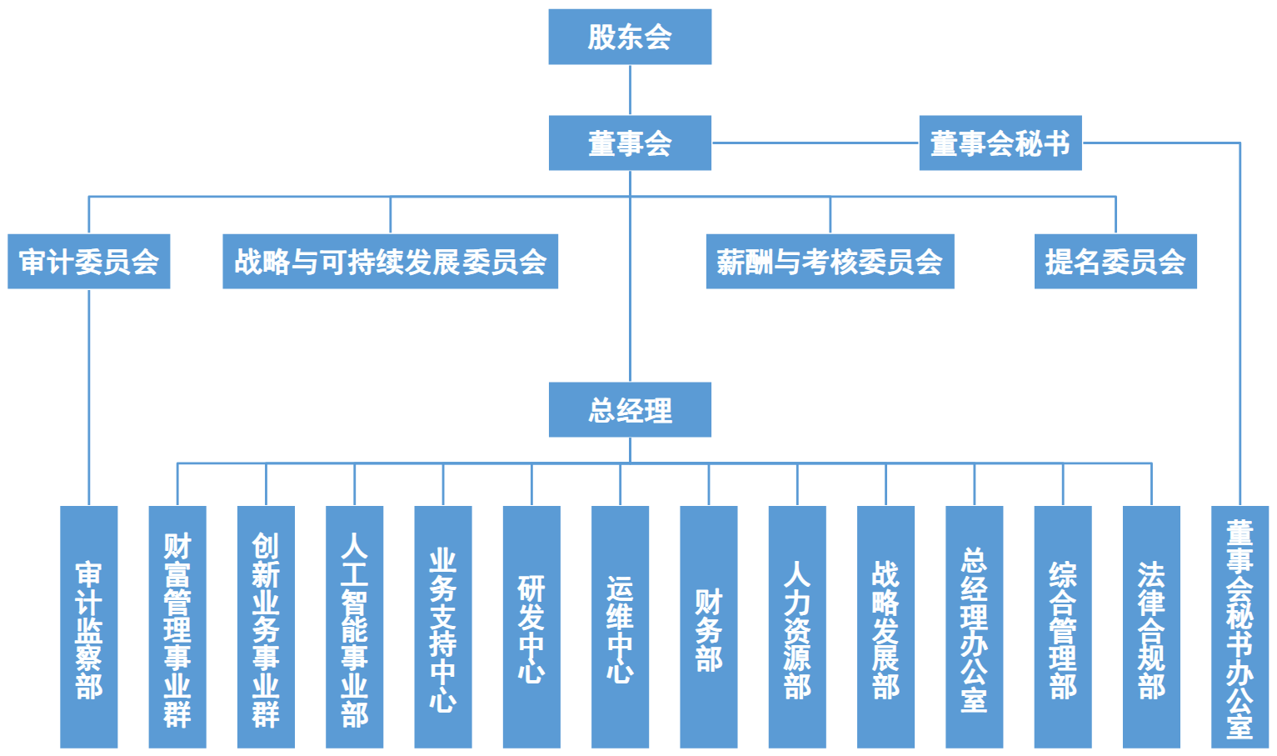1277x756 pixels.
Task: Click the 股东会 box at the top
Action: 630,37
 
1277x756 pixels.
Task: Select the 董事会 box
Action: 630,143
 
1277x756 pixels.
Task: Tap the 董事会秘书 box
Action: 1000,143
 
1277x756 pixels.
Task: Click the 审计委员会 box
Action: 88,262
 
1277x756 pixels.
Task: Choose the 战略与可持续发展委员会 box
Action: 390,262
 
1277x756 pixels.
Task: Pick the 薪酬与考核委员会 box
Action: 830,262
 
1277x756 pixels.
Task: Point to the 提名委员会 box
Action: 1115,262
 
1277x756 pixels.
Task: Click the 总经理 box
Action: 630,409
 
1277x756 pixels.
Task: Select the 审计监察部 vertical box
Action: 88,627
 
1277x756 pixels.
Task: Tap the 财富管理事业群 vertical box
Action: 177,627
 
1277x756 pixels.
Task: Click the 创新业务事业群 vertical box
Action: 266,627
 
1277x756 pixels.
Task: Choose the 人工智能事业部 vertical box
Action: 354,627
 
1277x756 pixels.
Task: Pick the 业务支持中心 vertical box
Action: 443,627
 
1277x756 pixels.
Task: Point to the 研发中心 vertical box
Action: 531,627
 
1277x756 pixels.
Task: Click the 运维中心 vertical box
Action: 620,627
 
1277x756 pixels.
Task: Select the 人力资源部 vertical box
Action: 797,627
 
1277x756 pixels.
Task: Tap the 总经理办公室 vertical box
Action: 974,627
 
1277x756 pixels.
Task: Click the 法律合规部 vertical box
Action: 1151,627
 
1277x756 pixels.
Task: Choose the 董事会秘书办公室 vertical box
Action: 1240,627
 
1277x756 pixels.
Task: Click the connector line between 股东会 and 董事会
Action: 630,90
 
